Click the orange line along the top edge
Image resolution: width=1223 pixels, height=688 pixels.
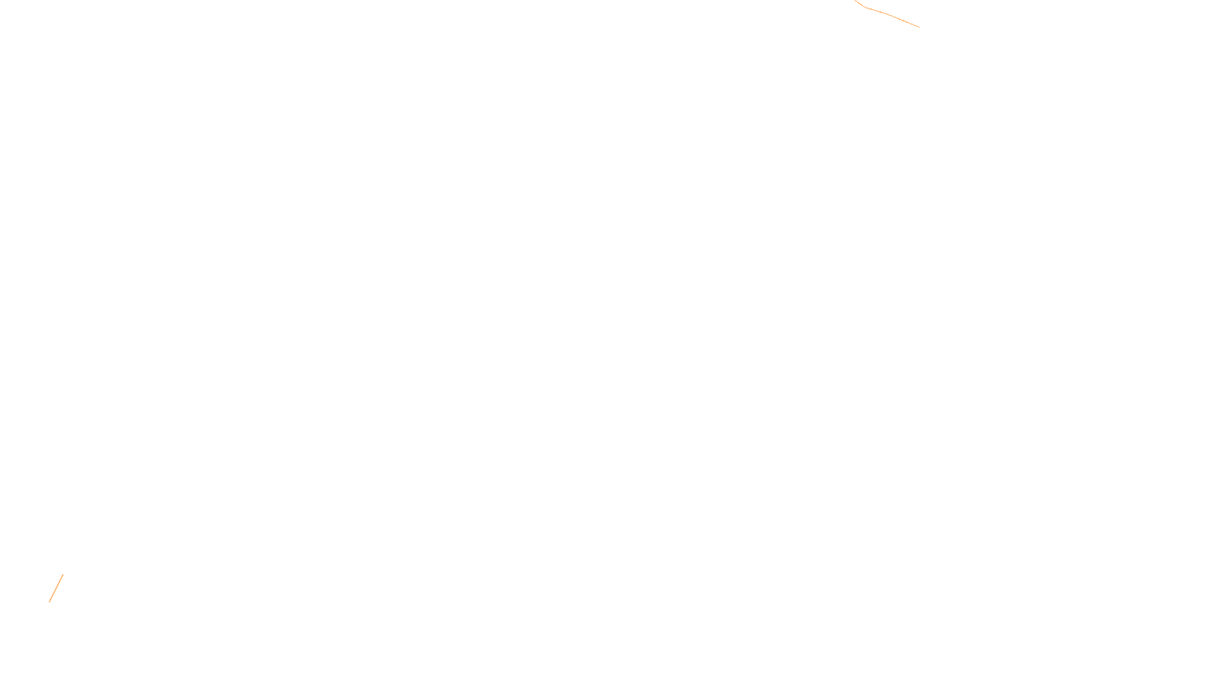coord(890,16)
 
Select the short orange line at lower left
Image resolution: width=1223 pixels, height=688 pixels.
coord(56,588)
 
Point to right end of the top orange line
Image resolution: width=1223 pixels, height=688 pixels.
coord(919,27)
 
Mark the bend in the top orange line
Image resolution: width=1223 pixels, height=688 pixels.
coord(865,8)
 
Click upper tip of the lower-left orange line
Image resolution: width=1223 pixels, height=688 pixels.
coord(63,575)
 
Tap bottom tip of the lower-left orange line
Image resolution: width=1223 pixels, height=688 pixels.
coord(50,602)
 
